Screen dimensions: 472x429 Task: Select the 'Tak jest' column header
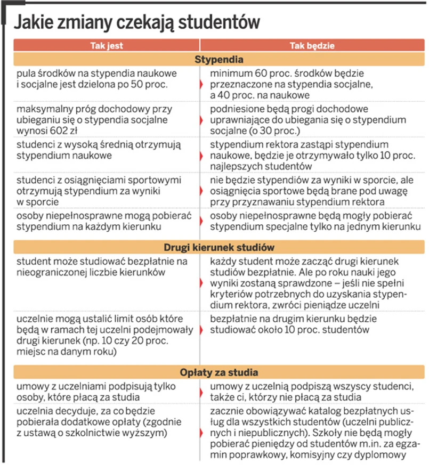(107, 46)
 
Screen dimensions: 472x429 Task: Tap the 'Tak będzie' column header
(312, 46)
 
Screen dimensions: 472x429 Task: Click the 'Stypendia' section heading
(218, 59)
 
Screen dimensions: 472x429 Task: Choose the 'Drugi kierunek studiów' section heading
(218, 248)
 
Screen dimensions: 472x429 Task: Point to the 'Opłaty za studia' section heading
(218, 372)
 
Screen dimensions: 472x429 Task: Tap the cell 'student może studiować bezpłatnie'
(101, 267)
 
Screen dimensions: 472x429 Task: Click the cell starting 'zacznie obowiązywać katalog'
(309, 432)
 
